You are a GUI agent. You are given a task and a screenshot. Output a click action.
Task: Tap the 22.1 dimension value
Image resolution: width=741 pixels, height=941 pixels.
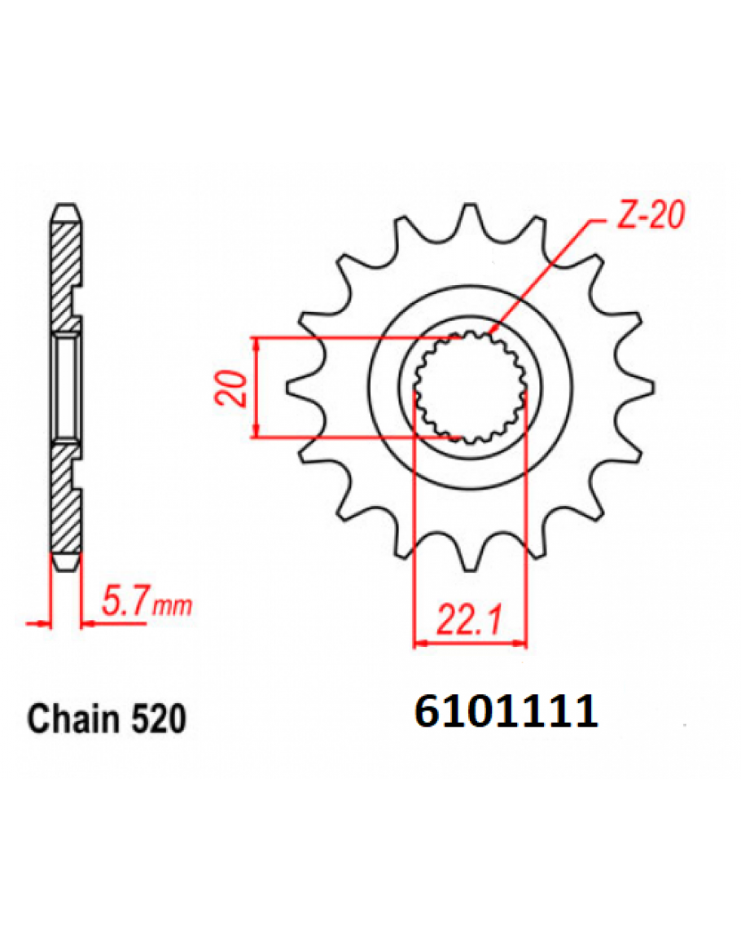469,620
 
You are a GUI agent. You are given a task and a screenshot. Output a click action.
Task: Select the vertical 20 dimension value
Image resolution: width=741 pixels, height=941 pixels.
231,389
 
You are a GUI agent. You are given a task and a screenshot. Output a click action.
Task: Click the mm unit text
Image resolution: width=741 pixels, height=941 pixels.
172,607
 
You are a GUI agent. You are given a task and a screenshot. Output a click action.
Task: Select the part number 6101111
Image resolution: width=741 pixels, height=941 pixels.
506,712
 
